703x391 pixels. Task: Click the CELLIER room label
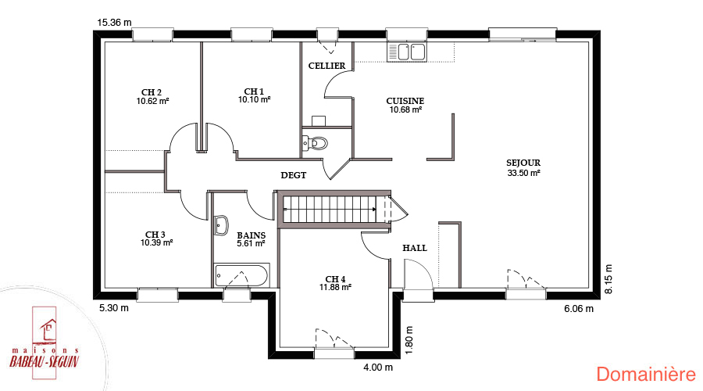pos(327,66)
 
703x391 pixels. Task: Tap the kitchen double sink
pos(407,52)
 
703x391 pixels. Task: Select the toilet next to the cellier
pos(315,144)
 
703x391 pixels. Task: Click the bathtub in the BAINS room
pos(241,275)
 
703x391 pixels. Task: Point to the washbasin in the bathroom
pos(221,225)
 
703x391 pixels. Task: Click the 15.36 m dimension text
pos(114,23)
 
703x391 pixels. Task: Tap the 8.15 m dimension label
pos(608,279)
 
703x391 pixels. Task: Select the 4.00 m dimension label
pos(378,368)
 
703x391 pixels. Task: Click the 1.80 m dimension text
pos(409,340)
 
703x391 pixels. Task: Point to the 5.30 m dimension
pos(114,308)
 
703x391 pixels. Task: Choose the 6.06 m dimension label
pos(579,308)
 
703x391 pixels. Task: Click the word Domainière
pos(646,375)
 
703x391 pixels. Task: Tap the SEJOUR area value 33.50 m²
pos(523,173)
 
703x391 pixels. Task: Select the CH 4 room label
pos(335,279)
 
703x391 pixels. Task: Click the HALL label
pos(415,248)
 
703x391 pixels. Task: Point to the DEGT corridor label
pos(294,175)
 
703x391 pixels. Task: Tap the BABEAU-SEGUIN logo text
pos(45,361)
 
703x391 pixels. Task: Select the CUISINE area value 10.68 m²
pos(405,109)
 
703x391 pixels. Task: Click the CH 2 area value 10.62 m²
pos(153,101)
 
